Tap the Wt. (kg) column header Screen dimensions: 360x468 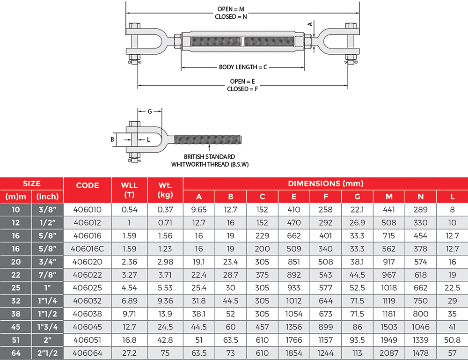click(165, 190)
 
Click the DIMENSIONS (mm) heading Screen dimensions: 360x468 click(325, 184)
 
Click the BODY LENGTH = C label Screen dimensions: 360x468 click(243, 67)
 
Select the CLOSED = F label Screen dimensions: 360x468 click(243, 88)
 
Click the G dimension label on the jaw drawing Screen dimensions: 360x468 click(149, 111)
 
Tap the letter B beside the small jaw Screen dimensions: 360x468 click(112, 139)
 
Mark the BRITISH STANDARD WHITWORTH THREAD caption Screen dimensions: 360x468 click(209, 160)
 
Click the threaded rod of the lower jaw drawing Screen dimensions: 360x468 click(208, 139)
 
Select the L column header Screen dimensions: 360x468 click(452, 197)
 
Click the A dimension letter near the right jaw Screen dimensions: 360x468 click(309, 23)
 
